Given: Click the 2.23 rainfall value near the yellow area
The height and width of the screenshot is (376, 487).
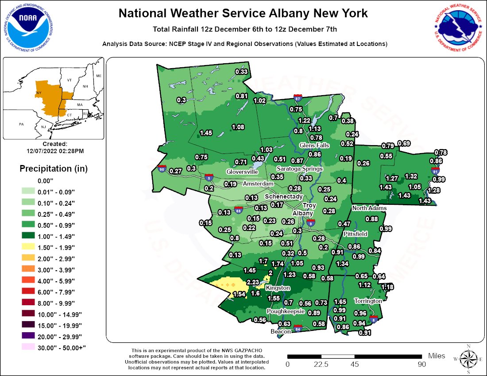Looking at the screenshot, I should [253, 282].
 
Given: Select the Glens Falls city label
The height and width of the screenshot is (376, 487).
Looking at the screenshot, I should [314, 145].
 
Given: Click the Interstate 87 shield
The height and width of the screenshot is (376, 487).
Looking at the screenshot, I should [298, 97].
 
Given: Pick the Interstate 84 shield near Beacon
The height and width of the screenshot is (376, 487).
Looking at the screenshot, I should [298, 329].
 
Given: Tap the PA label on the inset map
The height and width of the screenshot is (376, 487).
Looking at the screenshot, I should [21, 124].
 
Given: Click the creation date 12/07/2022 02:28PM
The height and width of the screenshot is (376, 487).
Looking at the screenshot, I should [55, 151].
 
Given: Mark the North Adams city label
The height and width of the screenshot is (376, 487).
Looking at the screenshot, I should [369, 208].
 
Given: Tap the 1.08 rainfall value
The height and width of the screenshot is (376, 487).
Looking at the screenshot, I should [238, 127].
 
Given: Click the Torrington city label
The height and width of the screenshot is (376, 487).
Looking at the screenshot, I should [368, 301].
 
